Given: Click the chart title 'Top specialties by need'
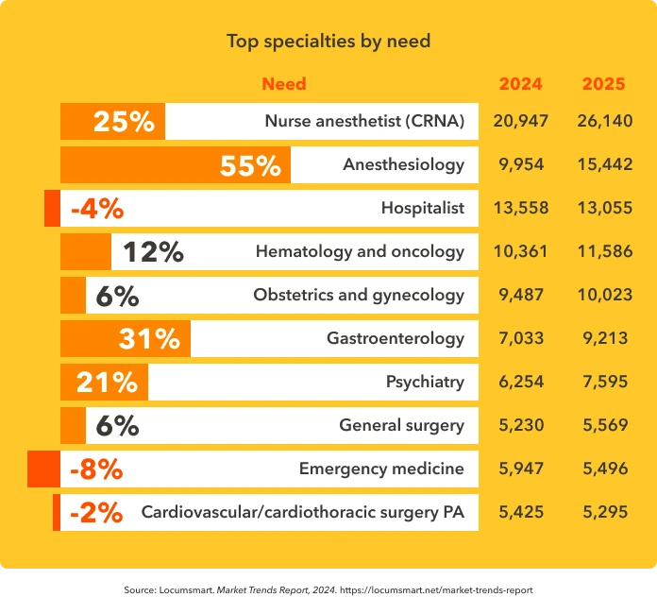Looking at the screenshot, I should pyautogui.click(x=328, y=41).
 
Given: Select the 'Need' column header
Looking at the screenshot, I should pyautogui.click(x=283, y=83).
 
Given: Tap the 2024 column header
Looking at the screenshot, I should pyautogui.click(x=520, y=83).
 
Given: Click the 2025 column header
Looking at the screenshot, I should pyautogui.click(x=603, y=83).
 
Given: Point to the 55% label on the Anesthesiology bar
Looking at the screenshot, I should pyautogui.click(x=250, y=165).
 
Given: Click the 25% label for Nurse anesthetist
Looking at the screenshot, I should pyautogui.click(x=123, y=122).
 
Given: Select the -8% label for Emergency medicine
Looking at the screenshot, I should pyautogui.click(x=96, y=469).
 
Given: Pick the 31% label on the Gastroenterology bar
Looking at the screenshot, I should pyautogui.click(x=149, y=338).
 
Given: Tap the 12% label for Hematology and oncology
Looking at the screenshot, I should pyautogui.click(x=153, y=251).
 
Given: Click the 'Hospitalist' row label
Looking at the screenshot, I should pyautogui.click(x=422, y=208).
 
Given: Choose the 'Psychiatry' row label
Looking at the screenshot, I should pyautogui.click(x=425, y=382).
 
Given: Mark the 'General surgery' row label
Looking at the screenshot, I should pyautogui.click(x=401, y=425).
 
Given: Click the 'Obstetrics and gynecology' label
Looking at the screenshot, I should pyautogui.click(x=359, y=295).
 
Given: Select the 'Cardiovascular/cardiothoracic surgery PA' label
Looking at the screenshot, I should pyautogui.click(x=302, y=512).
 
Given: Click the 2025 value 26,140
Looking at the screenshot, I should pyautogui.click(x=604, y=121).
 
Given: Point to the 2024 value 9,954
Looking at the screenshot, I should pyautogui.click(x=521, y=164).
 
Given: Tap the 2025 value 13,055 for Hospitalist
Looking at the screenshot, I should pyautogui.click(x=604, y=208).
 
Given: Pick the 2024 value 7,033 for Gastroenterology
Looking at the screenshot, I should pyautogui.click(x=521, y=338).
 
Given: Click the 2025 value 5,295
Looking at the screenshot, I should pyautogui.click(x=604, y=512).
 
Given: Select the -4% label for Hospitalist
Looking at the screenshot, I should pyautogui.click(x=96, y=209).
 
